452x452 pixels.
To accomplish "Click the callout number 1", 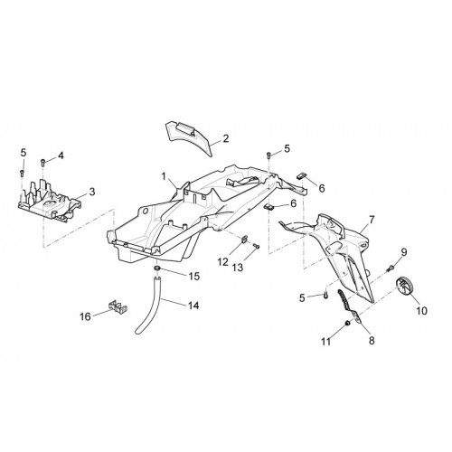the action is click(x=164, y=176).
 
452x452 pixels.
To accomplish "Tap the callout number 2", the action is click(x=226, y=138).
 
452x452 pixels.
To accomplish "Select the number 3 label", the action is click(x=92, y=192).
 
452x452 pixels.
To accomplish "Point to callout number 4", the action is click(x=61, y=155).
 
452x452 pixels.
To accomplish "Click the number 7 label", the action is click(x=372, y=220).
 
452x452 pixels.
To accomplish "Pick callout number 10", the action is click(x=422, y=310).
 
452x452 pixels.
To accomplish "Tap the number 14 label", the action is click(x=193, y=306).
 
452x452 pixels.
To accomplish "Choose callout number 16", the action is click(x=85, y=316).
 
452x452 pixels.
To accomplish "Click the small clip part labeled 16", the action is click(x=118, y=306).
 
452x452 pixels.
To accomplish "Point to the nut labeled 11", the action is click(x=347, y=323).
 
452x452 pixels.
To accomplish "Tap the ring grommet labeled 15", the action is click(x=157, y=268).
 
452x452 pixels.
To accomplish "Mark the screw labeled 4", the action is click(x=42, y=163).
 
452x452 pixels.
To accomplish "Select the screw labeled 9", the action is click(x=391, y=268).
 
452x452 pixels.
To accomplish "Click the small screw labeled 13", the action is click(x=257, y=246).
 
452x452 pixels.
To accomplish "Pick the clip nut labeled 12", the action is click(x=244, y=239).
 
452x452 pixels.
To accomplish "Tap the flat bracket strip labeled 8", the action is click(x=349, y=306).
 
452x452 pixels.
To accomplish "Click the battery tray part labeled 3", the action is click(x=50, y=201).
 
